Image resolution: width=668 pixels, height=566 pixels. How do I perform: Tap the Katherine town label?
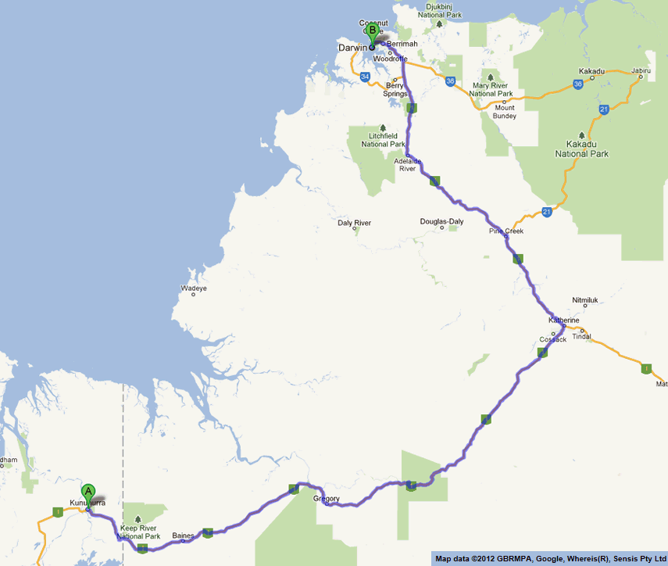563,321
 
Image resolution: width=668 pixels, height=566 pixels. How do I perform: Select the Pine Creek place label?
506,231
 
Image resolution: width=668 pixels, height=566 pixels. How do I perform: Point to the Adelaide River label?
408,164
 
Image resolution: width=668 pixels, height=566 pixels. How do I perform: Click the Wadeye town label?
194,288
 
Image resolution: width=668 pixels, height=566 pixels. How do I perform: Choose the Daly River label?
354,223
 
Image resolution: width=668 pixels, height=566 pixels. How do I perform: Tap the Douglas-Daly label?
441,221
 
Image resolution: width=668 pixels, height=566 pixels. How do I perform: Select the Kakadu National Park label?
581,149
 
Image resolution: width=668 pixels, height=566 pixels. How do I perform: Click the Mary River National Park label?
491,89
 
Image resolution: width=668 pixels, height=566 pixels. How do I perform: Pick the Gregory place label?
326,498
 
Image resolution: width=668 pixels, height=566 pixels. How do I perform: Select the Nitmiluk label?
584,299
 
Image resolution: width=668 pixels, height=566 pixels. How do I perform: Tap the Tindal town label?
581,337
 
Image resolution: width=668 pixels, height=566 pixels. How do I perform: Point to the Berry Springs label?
395,90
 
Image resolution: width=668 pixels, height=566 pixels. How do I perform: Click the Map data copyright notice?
550,558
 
